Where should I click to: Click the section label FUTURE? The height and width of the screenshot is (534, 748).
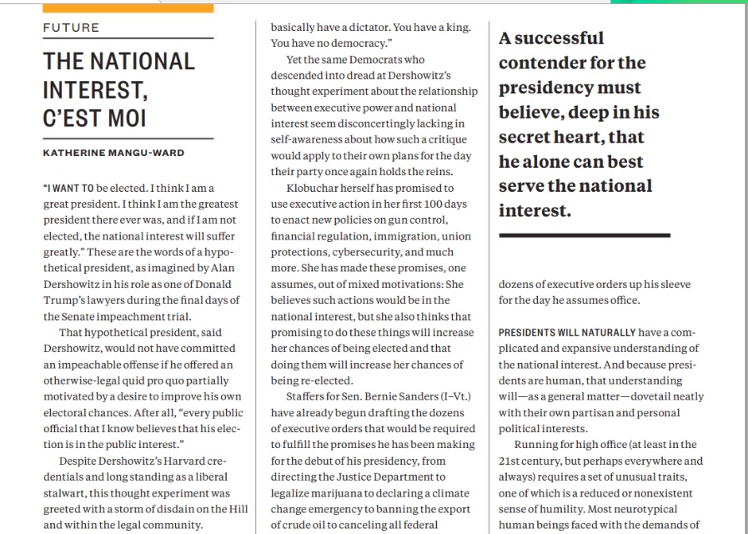click(71, 28)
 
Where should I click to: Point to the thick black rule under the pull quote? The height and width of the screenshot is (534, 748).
click(584, 235)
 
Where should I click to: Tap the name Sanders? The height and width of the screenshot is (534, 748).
click(413, 395)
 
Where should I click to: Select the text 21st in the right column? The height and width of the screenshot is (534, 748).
click(510, 461)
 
